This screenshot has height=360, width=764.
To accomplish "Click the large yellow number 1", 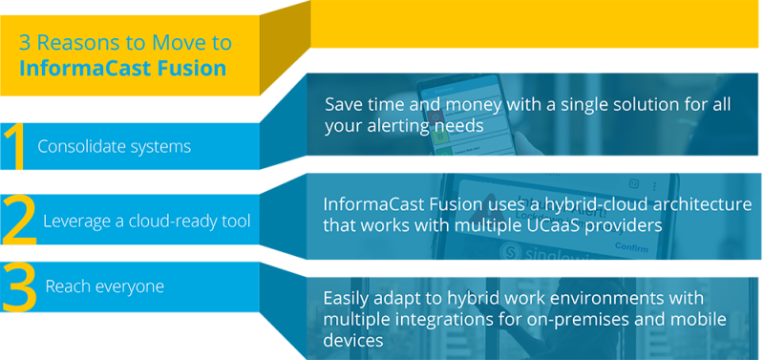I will tap(13, 146).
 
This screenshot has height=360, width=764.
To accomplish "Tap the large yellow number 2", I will tap(18, 219).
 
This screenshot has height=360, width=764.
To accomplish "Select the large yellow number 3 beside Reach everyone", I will tap(18, 287).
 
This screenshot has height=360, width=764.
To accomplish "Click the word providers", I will tap(633, 225).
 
